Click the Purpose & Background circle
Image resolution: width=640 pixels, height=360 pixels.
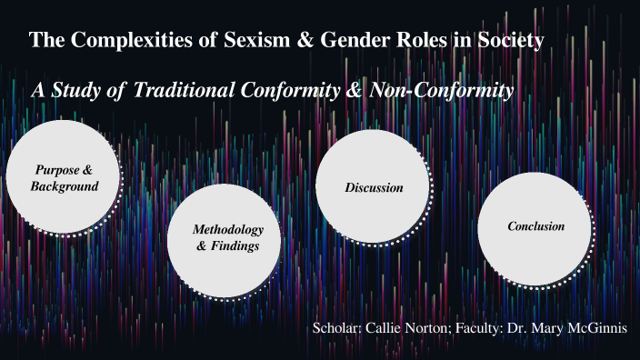coord(63,178)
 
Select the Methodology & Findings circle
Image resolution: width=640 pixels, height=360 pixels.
coord(229,238)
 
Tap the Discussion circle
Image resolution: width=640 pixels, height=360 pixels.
coord(374,187)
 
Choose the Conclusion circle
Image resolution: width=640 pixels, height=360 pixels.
coord(535,227)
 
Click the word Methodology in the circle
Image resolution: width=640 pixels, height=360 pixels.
coord(228,229)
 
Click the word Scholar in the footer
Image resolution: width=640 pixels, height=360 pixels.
coord(336,327)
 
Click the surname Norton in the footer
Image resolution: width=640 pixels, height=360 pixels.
coord(435,327)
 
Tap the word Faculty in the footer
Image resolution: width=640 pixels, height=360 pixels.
coord(492,327)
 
